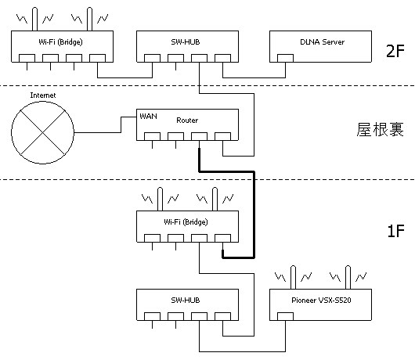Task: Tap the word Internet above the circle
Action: click(43, 95)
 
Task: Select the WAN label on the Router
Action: click(148, 116)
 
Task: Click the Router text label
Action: click(187, 121)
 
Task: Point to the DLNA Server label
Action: click(322, 42)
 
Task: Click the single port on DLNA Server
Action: click(285, 58)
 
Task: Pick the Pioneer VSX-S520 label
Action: click(321, 301)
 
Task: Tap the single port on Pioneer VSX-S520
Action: click(285, 316)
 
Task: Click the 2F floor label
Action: click(395, 51)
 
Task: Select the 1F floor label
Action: click(396, 231)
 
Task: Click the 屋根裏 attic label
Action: click(380, 129)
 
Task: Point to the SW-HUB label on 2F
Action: click(186, 42)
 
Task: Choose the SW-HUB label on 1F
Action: click(186, 301)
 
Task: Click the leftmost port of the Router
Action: click(152, 136)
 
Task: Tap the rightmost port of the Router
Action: click(222, 136)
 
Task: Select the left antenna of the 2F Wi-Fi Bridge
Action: click(34, 19)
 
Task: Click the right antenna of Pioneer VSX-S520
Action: click(348, 277)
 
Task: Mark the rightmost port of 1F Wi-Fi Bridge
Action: click(222, 238)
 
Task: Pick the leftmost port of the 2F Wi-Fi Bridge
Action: click(27, 58)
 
